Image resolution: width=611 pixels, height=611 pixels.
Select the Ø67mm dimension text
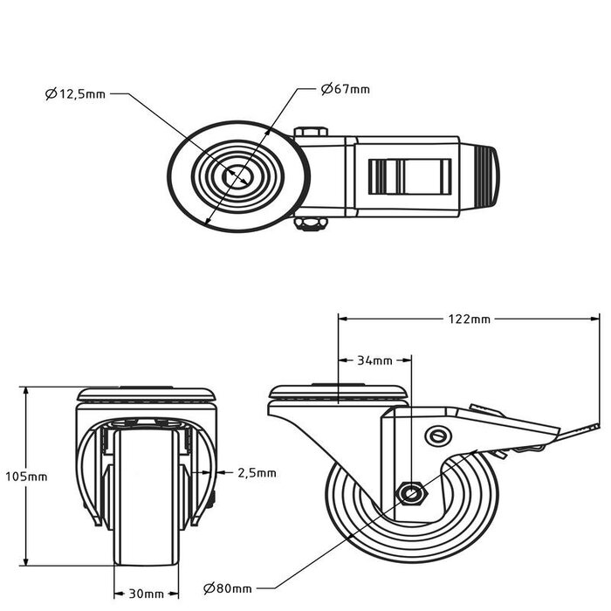click(x=345, y=89)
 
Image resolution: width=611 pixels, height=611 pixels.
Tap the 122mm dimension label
click(x=468, y=319)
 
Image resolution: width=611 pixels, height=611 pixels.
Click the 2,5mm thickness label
click(x=257, y=473)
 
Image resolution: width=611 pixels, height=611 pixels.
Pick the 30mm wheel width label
click(x=146, y=594)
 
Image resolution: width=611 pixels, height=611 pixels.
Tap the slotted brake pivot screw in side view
click(x=438, y=435)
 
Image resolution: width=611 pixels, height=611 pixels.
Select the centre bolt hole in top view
click(x=237, y=177)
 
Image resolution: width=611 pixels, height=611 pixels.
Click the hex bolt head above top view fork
click(x=311, y=133)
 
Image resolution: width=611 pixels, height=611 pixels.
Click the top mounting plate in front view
click(x=146, y=395)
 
